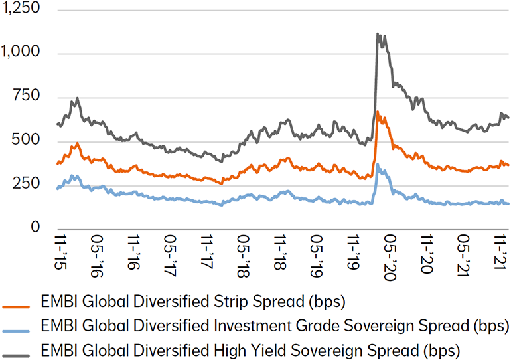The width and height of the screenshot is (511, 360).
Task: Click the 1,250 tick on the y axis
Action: click(21, 9)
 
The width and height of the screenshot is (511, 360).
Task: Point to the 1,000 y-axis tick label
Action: click(21, 53)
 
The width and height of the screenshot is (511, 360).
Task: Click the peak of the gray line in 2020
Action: click(378, 33)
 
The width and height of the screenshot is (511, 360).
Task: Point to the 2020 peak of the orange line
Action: click(378, 112)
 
